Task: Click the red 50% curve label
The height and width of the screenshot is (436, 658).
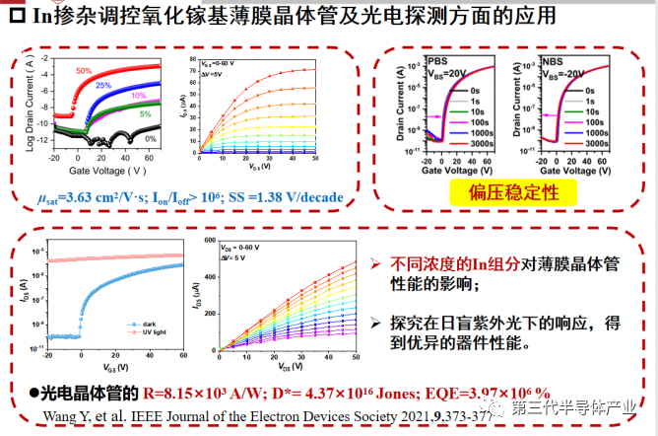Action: [85, 70]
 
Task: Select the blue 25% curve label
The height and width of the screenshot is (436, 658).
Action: [102, 86]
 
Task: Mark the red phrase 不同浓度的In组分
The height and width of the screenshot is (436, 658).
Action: [440, 264]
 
